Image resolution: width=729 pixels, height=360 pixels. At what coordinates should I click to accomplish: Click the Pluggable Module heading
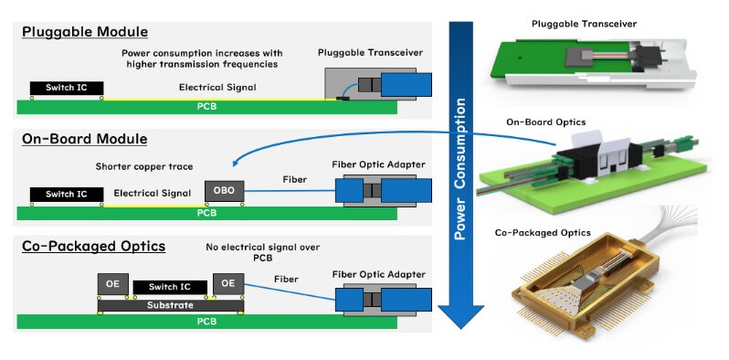coord(79,33)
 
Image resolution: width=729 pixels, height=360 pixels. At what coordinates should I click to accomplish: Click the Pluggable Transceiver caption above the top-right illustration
coord(596,22)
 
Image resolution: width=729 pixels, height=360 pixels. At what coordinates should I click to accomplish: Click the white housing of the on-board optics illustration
coord(608,160)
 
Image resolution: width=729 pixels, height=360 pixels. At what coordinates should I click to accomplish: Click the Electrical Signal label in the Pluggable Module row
coord(218,88)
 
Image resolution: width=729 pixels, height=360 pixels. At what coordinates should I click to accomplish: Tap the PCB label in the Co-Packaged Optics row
coord(207,321)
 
